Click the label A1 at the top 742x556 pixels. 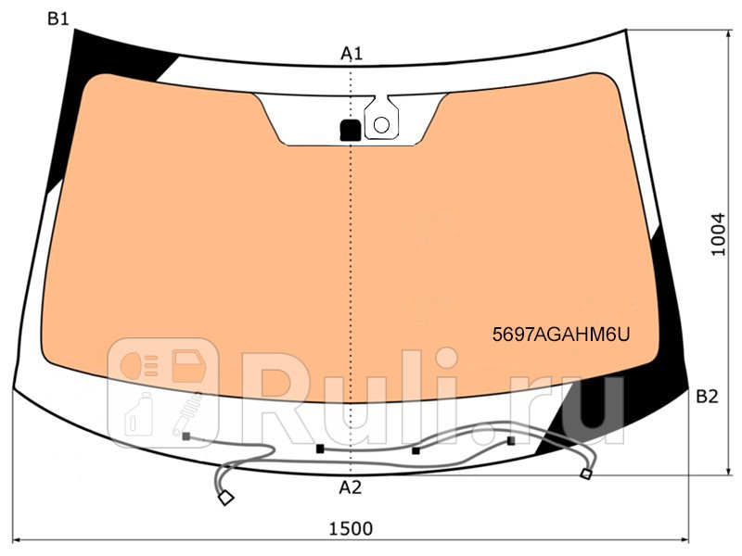click(x=351, y=55)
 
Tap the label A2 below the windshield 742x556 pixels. click(x=350, y=487)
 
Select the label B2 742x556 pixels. click(x=707, y=398)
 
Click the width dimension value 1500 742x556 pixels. click(x=351, y=528)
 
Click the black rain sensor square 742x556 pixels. click(x=350, y=130)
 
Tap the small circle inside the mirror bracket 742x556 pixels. click(x=380, y=123)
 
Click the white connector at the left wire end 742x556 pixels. click(x=224, y=499)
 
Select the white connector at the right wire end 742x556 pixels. click(x=585, y=474)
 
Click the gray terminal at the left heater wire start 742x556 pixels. click(x=186, y=435)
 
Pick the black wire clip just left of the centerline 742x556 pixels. click(x=321, y=449)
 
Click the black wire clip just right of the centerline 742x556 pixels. click(x=416, y=450)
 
